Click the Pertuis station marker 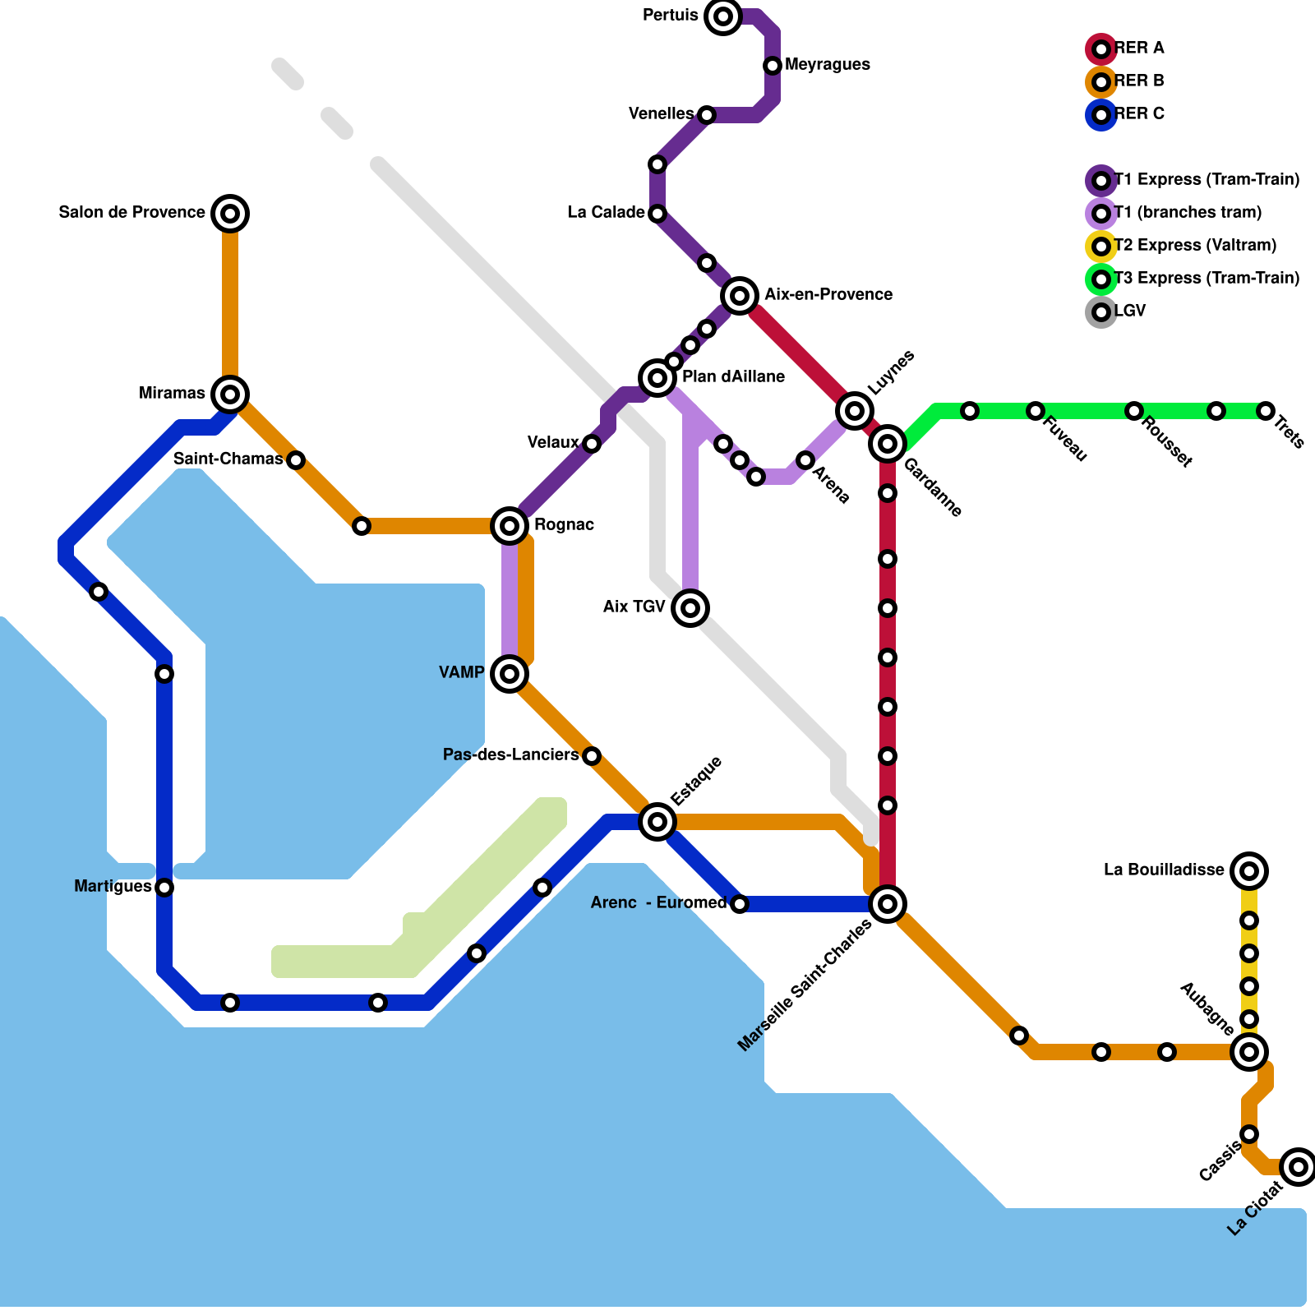(x=723, y=16)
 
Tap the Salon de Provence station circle (x=230, y=214)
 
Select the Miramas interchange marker (x=230, y=394)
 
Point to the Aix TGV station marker (x=690, y=608)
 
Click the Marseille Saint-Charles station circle (x=888, y=904)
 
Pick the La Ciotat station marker (x=1299, y=1167)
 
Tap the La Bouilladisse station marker (x=1249, y=871)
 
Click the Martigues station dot (x=164, y=888)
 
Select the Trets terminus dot (x=1266, y=411)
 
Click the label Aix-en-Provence (x=828, y=295)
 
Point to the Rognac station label (x=564, y=525)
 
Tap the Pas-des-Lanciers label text (x=510, y=755)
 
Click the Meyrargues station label (x=828, y=65)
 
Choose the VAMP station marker (x=510, y=674)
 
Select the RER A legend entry (x=1139, y=48)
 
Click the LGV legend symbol (x=1101, y=312)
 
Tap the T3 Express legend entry (x=1207, y=279)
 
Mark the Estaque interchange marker (x=657, y=822)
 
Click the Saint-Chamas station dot (x=296, y=460)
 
